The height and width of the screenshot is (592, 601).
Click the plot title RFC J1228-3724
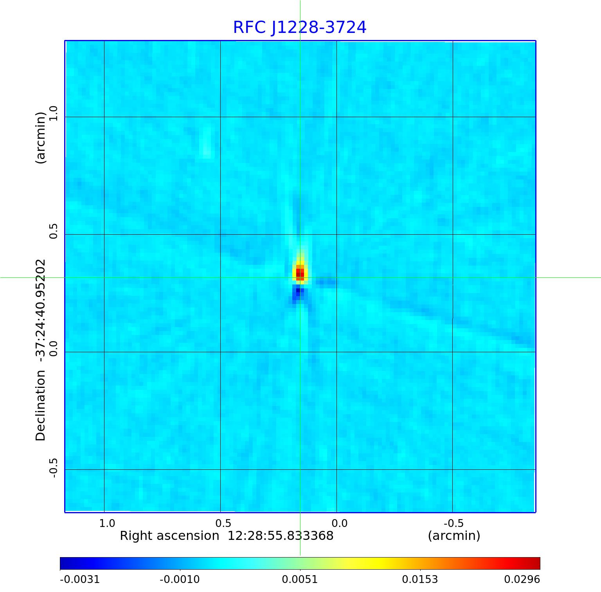click(x=300, y=27)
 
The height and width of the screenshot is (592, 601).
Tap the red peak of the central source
click(x=300, y=273)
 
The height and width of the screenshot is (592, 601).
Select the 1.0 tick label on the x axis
click(x=107, y=523)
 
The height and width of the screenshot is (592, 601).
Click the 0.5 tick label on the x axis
click(x=223, y=523)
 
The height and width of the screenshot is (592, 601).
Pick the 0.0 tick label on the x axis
click(x=339, y=523)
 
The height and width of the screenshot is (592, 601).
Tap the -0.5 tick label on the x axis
click(x=453, y=523)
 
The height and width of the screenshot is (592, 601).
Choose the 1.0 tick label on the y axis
click(x=53, y=113)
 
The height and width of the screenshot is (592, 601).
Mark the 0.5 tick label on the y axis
click(x=53, y=231)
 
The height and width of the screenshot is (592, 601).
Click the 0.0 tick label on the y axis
click(x=53, y=348)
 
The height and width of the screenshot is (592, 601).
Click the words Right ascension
click(x=169, y=536)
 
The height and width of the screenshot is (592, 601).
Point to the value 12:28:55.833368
click(x=281, y=536)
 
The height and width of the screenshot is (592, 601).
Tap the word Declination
click(x=41, y=406)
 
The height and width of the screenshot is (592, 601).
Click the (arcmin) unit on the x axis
click(x=454, y=536)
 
